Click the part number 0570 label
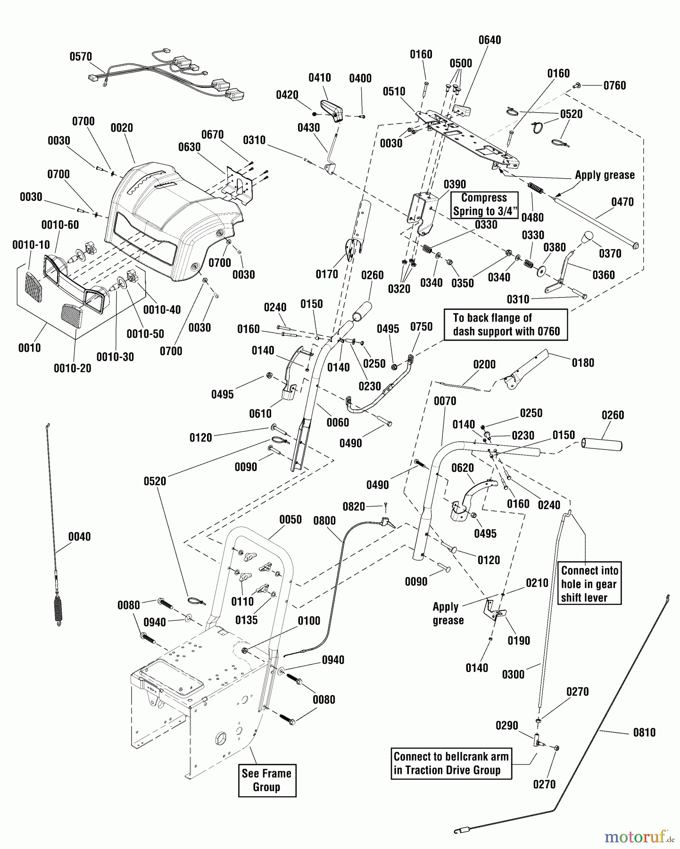(81, 57)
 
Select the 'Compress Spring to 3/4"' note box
(484, 205)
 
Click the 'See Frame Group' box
(267, 781)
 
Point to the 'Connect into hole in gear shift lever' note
(589, 583)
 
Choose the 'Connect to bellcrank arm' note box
(451, 764)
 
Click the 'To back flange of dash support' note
(506, 325)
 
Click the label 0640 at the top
(490, 40)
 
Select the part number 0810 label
(644, 732)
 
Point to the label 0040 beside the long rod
(80, 536)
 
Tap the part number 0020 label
(122, 128)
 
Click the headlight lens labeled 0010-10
(33, 287)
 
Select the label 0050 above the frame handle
(290, 519)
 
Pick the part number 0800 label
(324, 521)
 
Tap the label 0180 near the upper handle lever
(583, 363)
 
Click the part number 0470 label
(622, 202)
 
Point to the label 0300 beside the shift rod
(513, 674)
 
